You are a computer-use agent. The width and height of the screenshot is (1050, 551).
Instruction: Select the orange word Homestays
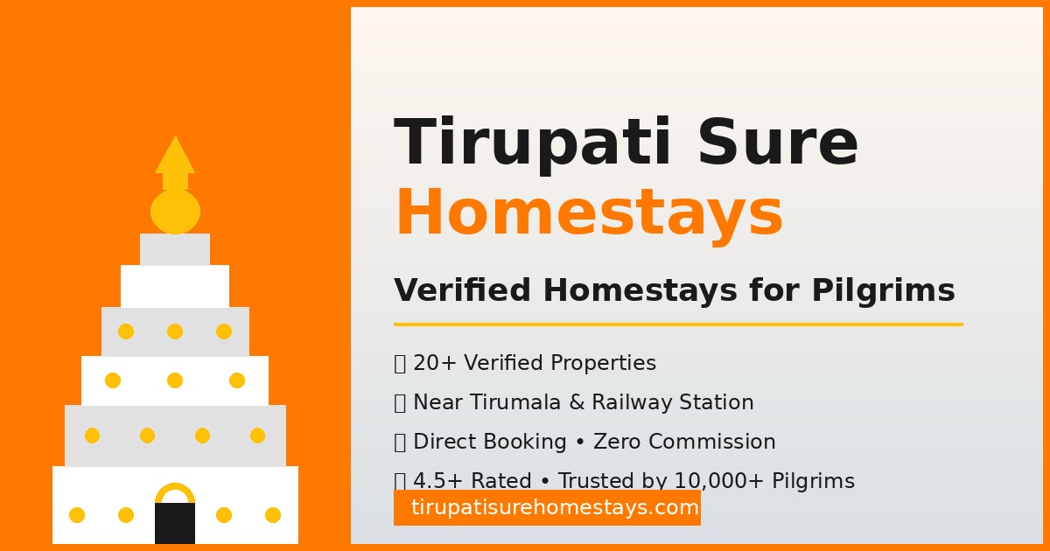point(589,213)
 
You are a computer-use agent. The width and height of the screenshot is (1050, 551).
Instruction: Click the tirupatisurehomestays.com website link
point(547,507)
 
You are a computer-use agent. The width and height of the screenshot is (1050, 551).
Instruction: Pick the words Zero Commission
point(684,442)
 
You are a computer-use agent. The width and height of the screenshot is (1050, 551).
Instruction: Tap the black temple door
point(175,524)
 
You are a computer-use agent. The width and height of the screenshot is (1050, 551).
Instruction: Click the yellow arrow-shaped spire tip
point(175,158)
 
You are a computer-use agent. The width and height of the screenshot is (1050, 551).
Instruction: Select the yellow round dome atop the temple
point(175,212)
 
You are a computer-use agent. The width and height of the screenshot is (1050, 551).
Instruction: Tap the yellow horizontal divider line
point(678,324)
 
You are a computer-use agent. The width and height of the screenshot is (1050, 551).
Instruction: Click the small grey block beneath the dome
point(175,249)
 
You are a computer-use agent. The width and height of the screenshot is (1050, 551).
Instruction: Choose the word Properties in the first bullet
point(603,363)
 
